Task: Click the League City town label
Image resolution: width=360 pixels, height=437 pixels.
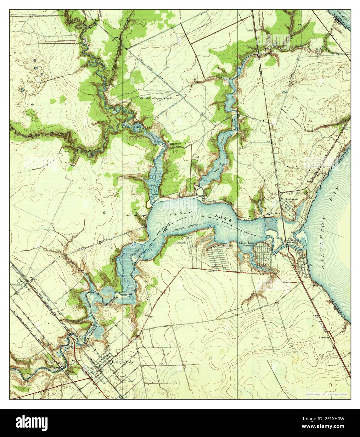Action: point(122,362)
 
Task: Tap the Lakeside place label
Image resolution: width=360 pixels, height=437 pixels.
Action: point(181,243)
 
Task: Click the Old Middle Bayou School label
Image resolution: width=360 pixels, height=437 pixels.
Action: point(155,98)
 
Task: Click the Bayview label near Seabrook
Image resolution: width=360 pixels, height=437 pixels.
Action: point(275,213)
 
